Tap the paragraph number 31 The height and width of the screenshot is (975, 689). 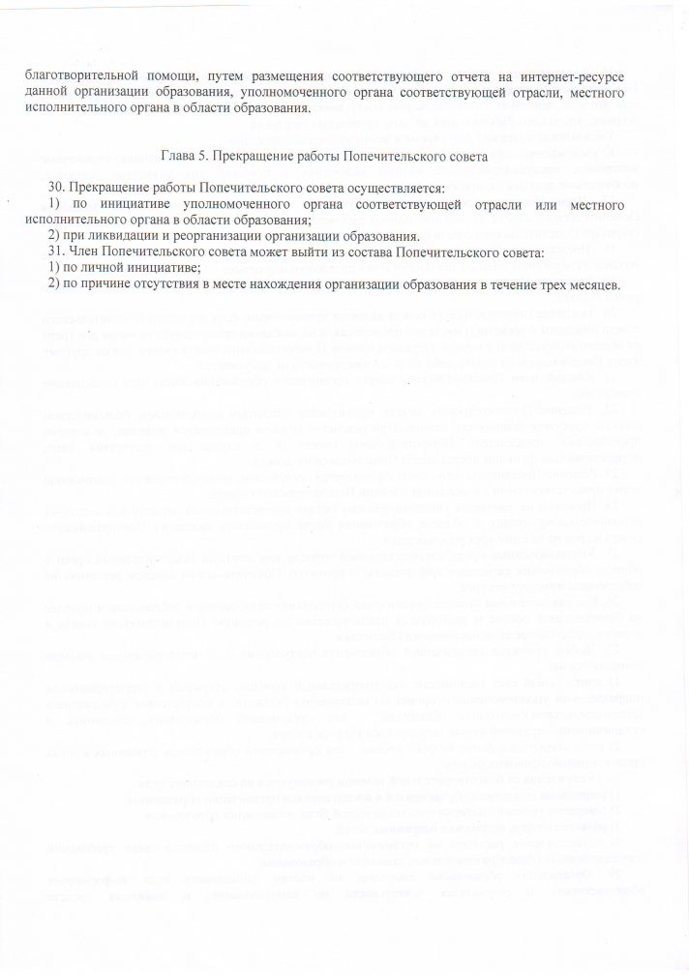click(56, 252)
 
